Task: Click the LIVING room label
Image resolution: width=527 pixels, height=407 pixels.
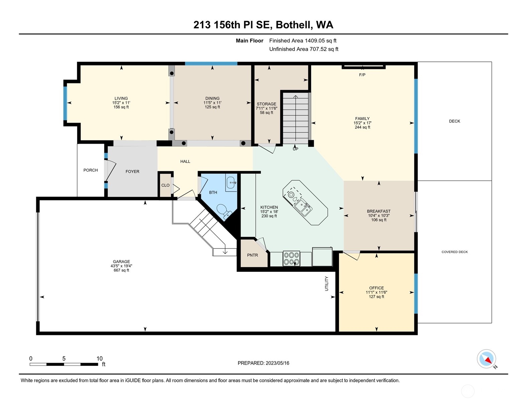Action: tap(121, 98)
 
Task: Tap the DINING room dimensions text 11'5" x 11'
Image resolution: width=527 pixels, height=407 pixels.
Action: tap(212, 103)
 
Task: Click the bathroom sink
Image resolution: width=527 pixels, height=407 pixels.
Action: tap(231, 183)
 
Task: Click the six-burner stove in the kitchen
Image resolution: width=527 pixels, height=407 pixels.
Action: tap(291, 258)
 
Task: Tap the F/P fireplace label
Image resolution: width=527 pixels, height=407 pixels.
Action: tap(362, 75)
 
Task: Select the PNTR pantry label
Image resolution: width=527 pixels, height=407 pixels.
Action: tap(252, 255)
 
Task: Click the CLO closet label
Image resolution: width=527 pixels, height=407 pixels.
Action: tap(165, 185)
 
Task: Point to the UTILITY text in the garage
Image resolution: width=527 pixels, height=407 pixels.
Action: tap(327, 283)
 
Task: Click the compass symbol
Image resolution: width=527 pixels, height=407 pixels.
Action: tap(486, 359)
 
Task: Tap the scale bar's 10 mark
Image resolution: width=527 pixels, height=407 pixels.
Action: tap(99, 359)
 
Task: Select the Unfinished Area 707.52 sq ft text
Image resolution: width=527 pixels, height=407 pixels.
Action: tap(304, 49)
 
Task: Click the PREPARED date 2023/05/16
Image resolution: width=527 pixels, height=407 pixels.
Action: tap(277, 363)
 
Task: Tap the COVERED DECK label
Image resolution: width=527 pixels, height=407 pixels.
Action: tap(454, 252)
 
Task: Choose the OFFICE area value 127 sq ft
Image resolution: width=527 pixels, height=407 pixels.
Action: tap(376, 297)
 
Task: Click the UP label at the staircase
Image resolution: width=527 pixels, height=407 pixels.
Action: tap(295, 149)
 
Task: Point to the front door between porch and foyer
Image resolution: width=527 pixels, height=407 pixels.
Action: tap(106, 171)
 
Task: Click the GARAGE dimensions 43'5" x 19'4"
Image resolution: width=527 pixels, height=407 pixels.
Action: tap(121, 266)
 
